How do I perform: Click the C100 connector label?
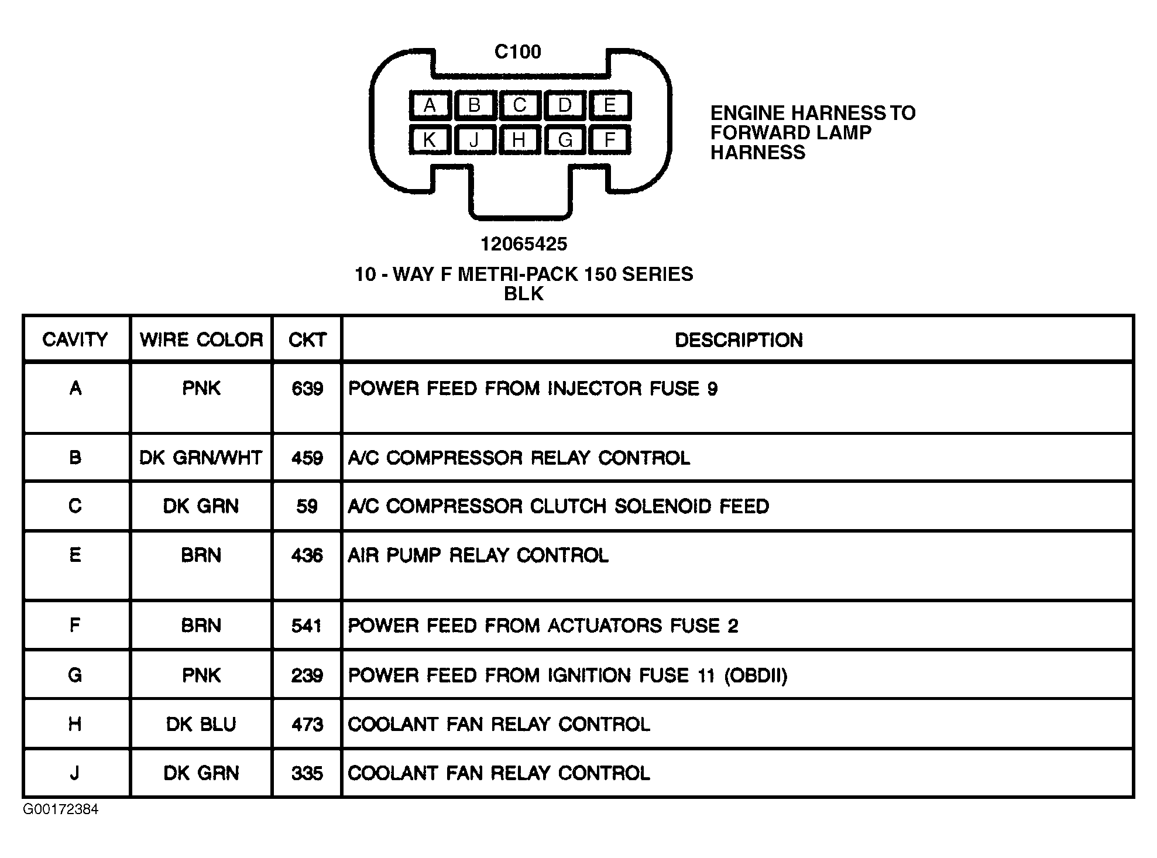click(x=518, y=52)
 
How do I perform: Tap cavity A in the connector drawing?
click(x=430, y=105)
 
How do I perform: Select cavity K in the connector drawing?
click(x=430, y=140)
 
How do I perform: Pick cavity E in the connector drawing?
click(x=610, y=105)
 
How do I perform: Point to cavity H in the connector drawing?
click(x=519, y=140)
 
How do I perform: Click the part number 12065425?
click(x=524, y=244)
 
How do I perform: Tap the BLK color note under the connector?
click(x=524, y=294)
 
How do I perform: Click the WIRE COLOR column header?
click(x=201, y=340)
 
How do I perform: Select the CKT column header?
click(x=307, y=340)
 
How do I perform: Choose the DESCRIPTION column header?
click(x=739, y=340)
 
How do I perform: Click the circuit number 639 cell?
click(x=307, y=389)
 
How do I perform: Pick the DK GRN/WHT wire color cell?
click(x=201, y=458)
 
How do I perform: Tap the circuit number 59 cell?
click(x=307, y=506)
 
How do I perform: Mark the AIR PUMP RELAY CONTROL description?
click(x=478, y=555)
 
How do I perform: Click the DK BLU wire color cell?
click(x=201, y=725)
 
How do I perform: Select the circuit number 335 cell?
click(x=307, y=774)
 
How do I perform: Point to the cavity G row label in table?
click(x=75, y=675)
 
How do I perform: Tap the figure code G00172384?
click(x=61, y=809)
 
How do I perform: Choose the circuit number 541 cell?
click(x=307, y=626)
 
